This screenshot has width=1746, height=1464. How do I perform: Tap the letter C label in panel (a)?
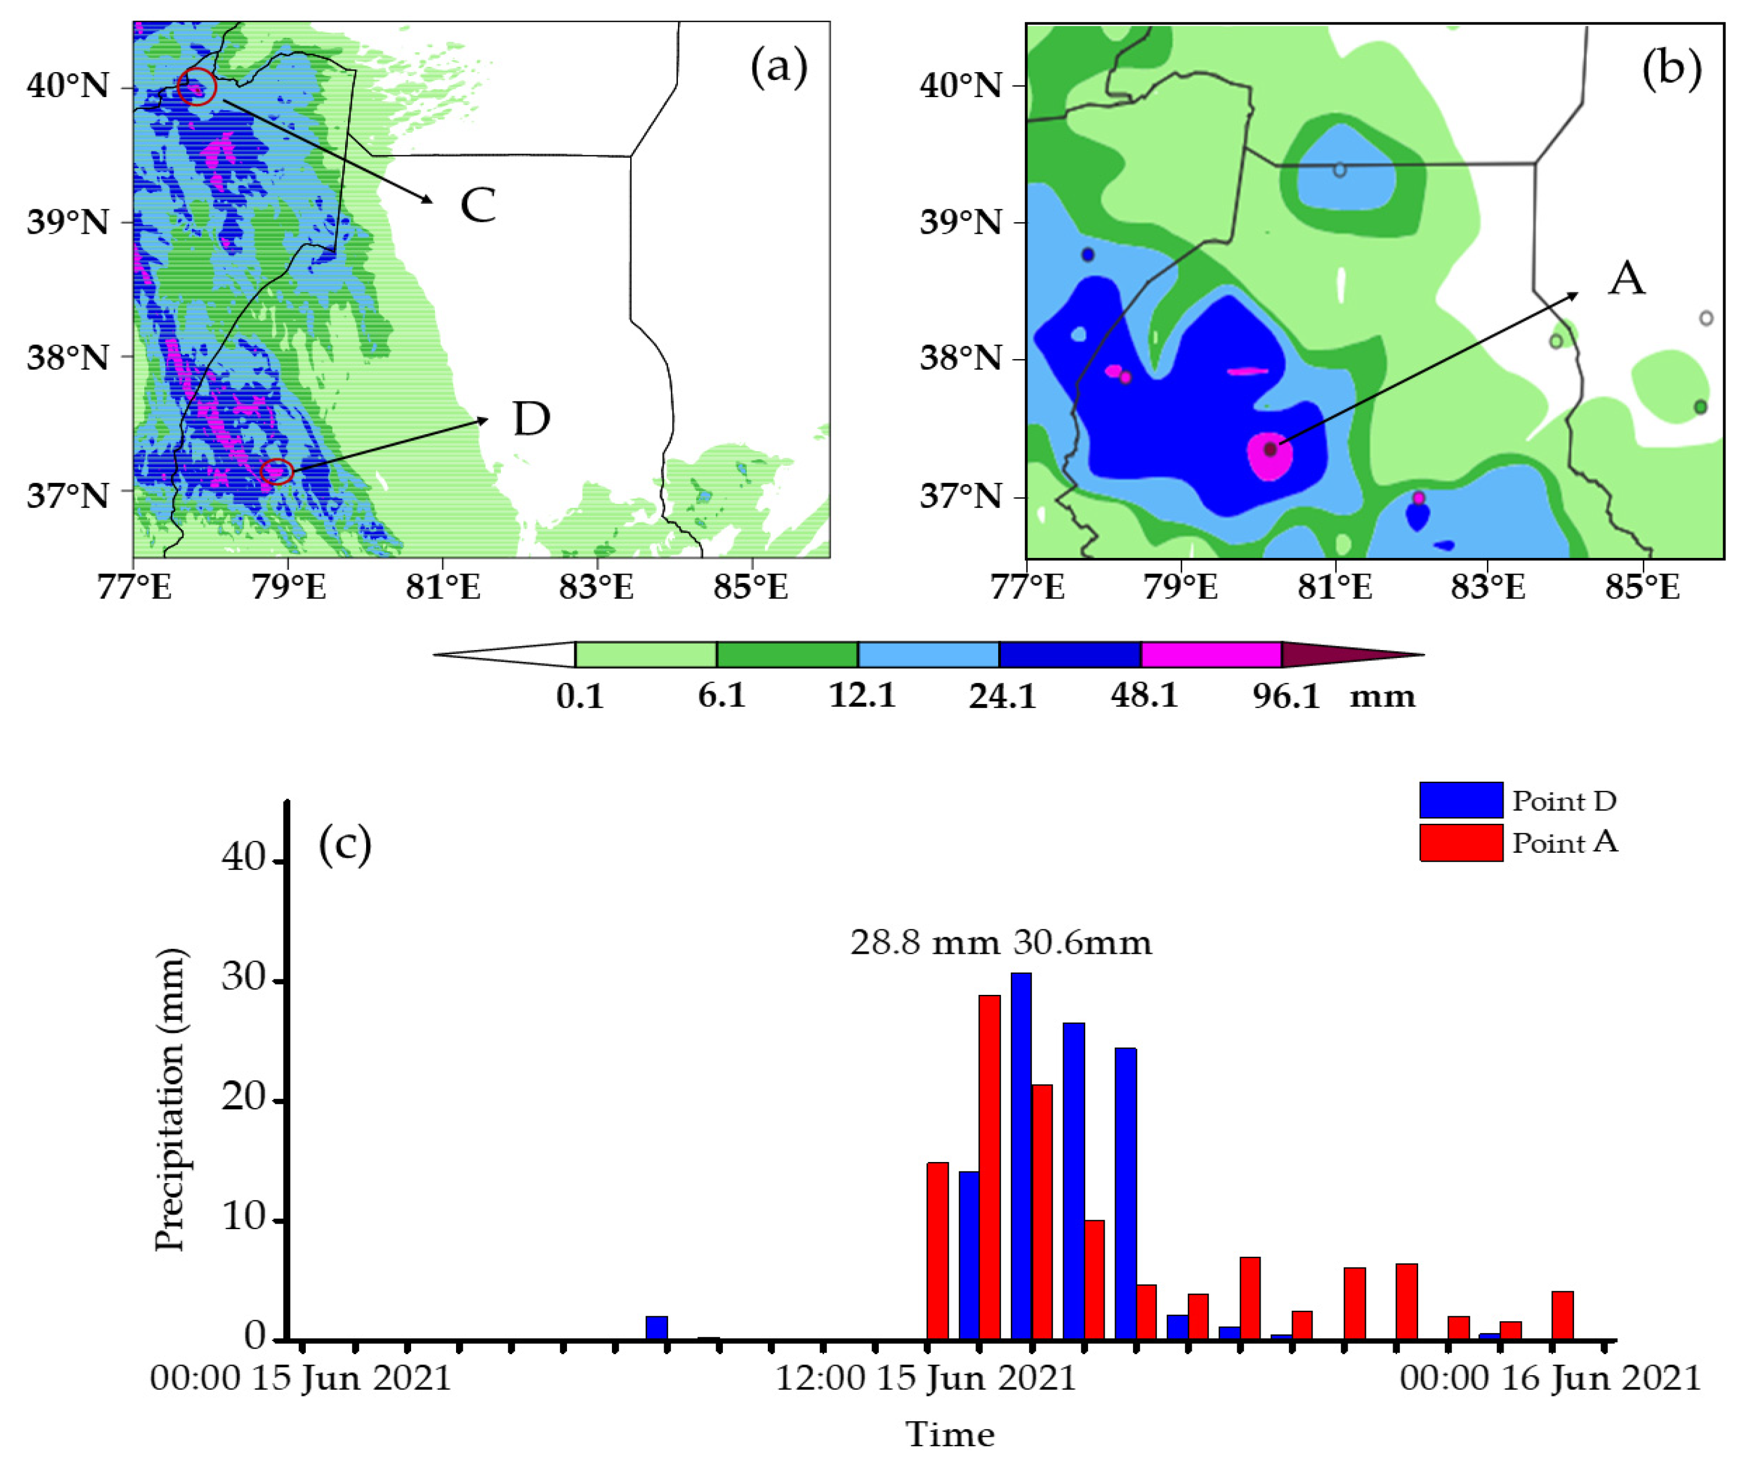(478, 205)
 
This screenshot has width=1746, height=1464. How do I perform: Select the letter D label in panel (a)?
(532, 419)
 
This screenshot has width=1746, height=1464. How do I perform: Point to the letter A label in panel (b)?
(1626, 279)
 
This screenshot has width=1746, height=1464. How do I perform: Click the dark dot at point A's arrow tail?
(1269, 449)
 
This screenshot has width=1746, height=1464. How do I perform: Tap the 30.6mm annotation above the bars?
(1082, 943)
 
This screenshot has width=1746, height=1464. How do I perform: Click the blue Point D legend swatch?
(1461, 800)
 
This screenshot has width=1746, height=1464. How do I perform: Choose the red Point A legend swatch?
(1461, 843)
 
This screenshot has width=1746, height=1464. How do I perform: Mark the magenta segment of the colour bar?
(1211, 655)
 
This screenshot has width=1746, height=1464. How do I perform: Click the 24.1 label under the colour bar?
(1003, 696)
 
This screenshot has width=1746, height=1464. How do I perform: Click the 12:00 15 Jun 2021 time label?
(926, 1379)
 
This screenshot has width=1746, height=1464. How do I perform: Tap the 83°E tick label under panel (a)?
(596, 587)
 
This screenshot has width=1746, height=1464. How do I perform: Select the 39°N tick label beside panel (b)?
(960, 222)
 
